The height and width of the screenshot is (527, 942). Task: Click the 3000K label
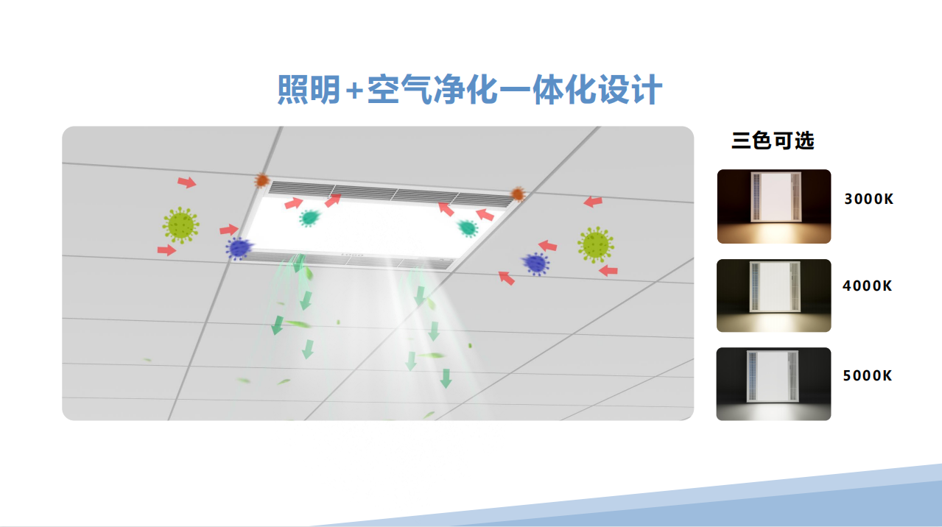tap(868, 199)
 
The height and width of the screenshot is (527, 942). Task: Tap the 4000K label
tap(867, 286)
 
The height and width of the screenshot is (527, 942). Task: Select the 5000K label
tap(867, 375)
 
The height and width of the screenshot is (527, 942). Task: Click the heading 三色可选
tap(773, 141)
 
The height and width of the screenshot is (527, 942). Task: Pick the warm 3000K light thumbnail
tap(774, 206)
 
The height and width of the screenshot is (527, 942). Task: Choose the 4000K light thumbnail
tap(774, 295)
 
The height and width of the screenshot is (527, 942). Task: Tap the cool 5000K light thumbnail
tap(774, 383)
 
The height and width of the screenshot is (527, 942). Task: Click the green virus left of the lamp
tap(181, 224)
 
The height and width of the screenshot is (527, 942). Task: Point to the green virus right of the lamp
tap(596, 244)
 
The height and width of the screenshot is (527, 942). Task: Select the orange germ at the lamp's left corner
tap(262, 181)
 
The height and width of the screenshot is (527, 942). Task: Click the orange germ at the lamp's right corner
tap(518, 194)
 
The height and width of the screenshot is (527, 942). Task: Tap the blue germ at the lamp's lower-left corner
tap(239, 248)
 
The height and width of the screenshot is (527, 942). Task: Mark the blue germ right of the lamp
tap(535, 264)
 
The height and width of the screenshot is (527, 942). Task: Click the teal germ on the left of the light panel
tap(310, 218)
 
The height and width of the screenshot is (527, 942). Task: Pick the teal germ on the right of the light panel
tap(468, 228)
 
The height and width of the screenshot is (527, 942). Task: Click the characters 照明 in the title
tap(309, 90)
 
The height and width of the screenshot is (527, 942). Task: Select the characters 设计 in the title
tap(630, 90)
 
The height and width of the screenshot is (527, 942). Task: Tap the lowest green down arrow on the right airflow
tap(446, 378)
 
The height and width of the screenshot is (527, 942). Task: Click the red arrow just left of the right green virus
tap(547, 245)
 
